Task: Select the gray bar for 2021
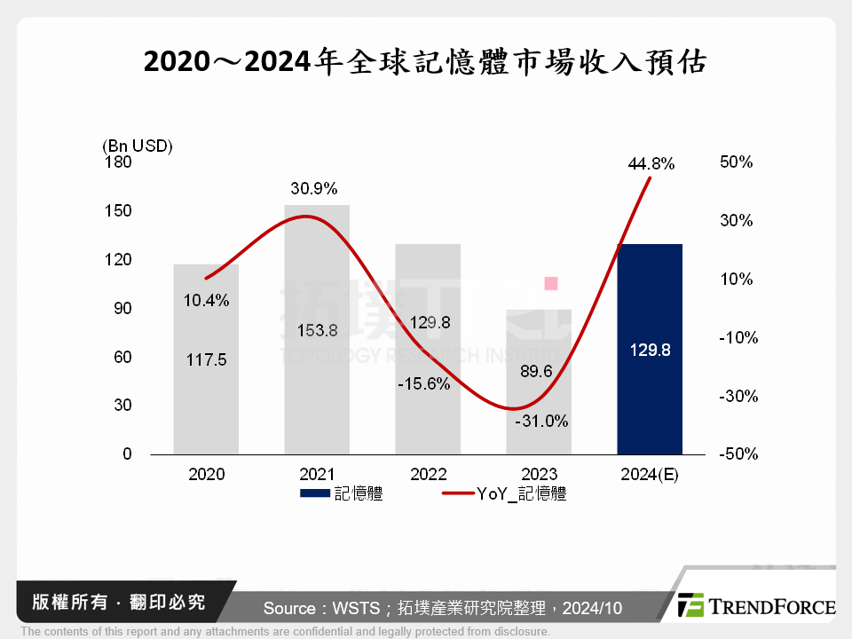(317, 266)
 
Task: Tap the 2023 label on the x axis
(539, 475)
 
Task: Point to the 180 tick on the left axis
(119, 162)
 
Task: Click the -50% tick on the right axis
(738, 454)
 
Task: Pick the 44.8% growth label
(651, 163)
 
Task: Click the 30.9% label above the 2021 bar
(314, 189)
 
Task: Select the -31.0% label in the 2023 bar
(541, 422)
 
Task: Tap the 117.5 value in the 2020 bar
(207, 360)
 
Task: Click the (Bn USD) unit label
(138, 146)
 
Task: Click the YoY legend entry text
(516, 494)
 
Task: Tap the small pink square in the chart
(550, 283)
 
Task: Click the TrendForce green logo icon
(690, 605)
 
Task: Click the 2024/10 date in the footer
(591, 608)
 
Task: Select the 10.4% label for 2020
(207, 300)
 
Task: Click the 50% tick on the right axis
(738, 162)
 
